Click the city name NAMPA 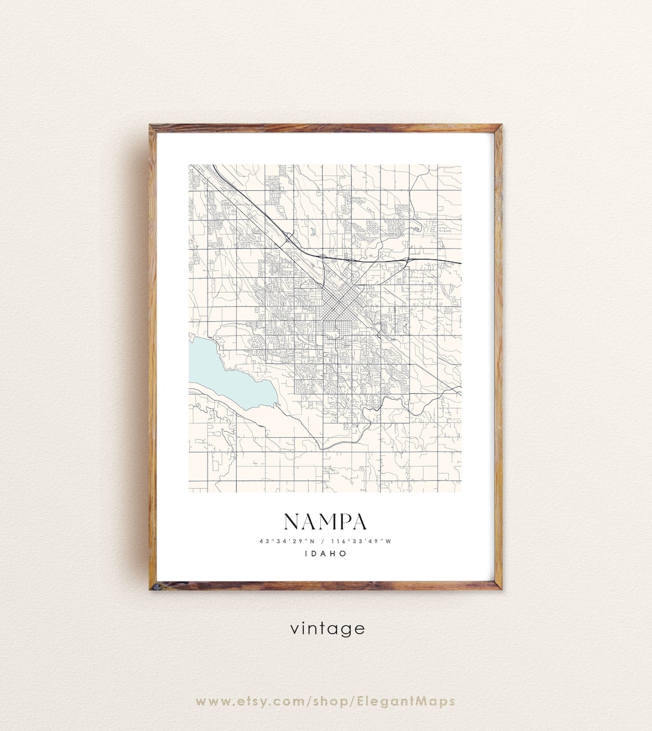325,521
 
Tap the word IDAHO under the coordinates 325,553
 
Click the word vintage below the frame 327,629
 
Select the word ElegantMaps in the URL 404,701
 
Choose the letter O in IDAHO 343,553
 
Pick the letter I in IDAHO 307,553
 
